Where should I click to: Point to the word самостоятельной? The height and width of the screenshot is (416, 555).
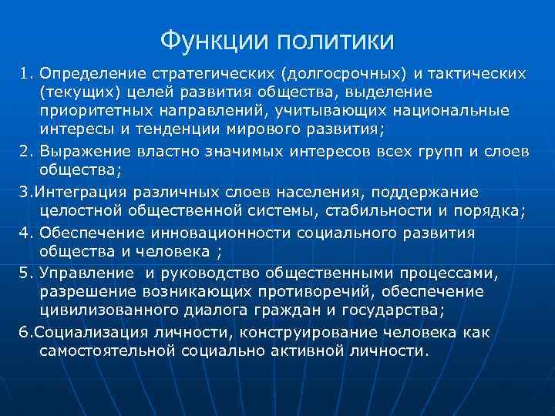pos(107,351)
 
